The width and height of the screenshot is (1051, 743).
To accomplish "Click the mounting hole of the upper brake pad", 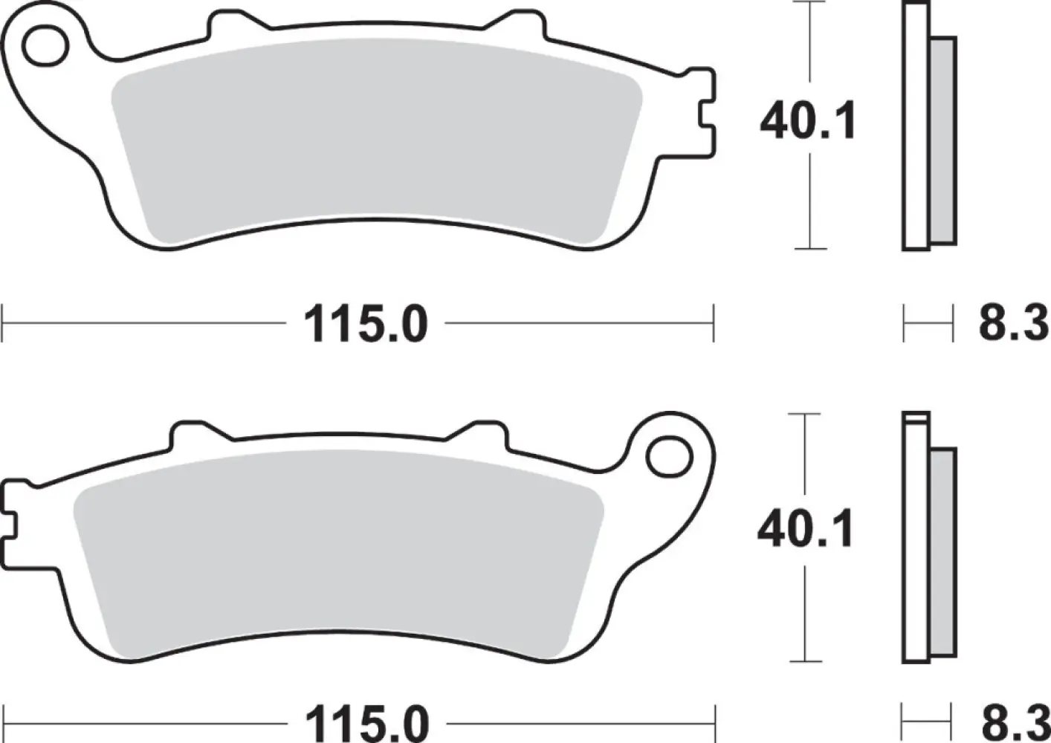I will tap(42, 46).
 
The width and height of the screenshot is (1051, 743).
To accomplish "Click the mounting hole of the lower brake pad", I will tap(665, 457).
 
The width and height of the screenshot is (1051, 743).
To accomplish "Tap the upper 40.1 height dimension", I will tap(808, 122).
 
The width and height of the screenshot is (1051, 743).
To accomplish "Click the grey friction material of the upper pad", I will tap(372, 141).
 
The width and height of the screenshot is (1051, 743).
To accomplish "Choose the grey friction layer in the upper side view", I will tap(942, 140).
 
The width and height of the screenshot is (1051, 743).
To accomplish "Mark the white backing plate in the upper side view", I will tap(916, 126).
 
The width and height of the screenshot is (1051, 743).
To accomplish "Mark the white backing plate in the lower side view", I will tap(916, 539).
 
